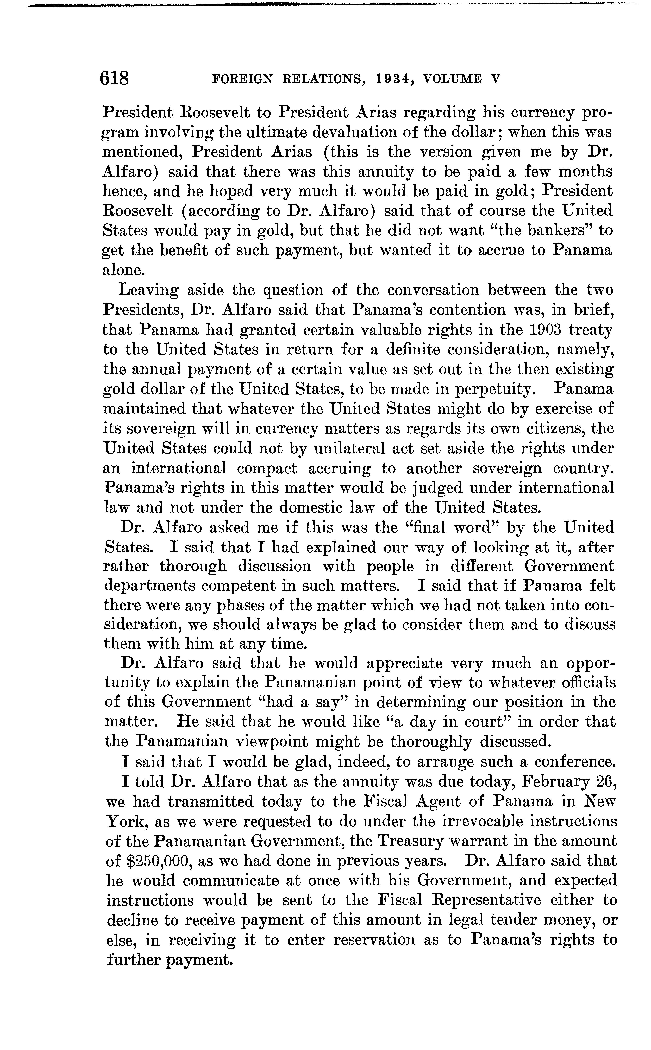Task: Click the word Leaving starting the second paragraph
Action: coord(148,290)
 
